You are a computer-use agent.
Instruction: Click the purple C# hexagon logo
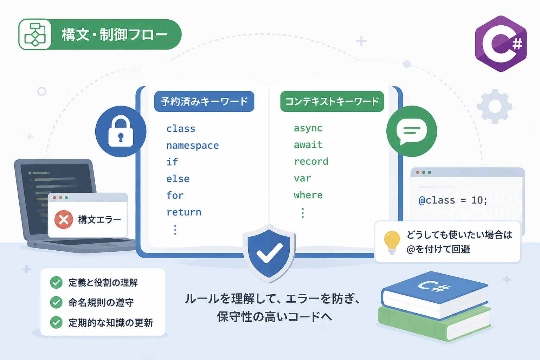coord(501,44)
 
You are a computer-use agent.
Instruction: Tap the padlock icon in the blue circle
coord(121,131)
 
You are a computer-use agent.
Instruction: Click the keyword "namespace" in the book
coord(193,146)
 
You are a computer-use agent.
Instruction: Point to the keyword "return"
coord(184,212)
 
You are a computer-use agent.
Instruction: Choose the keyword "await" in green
coord(308,145)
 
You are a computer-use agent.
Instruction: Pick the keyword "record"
coord(311,162)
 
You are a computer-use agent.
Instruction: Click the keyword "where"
coord(308,195)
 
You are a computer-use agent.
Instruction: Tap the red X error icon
coord(64,219)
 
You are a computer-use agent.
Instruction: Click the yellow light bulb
coord(392,242)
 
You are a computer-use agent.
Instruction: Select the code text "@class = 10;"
coord(453,200)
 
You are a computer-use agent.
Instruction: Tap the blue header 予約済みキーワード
coord(204,101)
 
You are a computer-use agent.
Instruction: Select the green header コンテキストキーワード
coord(332,101)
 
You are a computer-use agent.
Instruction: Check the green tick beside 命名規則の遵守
coord(56,302)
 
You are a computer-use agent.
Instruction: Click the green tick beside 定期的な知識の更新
coord(56,322)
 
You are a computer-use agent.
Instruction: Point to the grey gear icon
coord(495,106)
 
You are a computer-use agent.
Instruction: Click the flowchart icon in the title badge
coord(35,34)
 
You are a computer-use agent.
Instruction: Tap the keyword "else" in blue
coord(178,179)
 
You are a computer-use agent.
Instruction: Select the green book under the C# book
coord(434,323)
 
